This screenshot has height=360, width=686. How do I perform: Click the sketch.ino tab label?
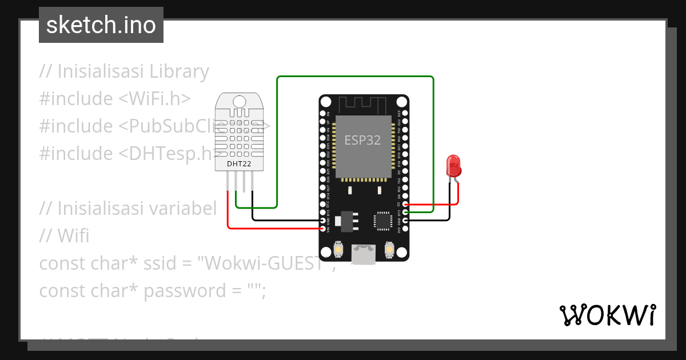101,25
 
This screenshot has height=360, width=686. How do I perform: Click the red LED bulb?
454,165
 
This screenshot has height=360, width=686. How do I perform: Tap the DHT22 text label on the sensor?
238,164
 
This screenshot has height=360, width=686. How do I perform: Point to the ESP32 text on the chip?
362,140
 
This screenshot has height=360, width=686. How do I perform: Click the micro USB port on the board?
364,254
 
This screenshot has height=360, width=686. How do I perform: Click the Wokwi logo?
608,315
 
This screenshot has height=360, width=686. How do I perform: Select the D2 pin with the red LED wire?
405,204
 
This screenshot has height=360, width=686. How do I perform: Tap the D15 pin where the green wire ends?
405,212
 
